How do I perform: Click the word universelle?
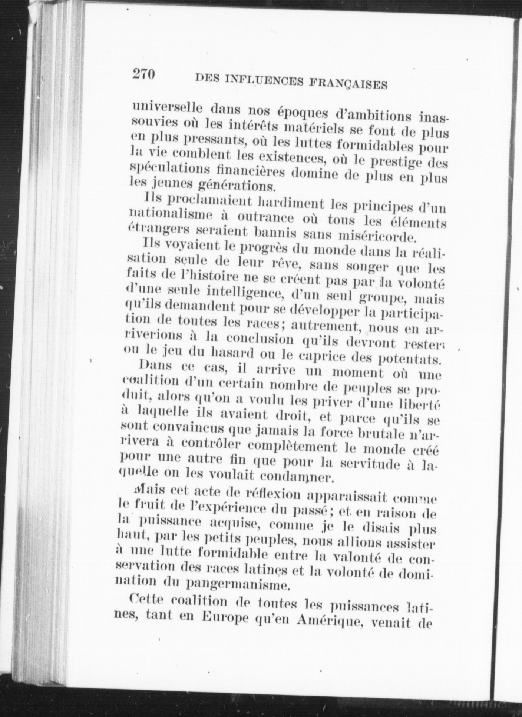(168, 107)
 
